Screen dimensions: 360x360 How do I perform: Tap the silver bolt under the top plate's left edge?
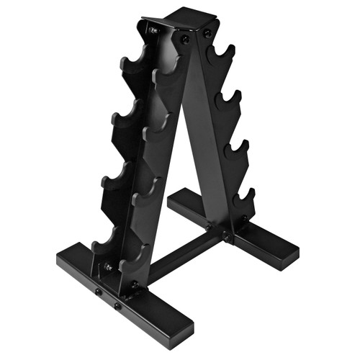click(x=153, y=31)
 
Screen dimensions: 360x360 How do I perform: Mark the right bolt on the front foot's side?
click(x=117, y=305)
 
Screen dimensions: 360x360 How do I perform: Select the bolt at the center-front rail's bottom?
click(x=134, y=285)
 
